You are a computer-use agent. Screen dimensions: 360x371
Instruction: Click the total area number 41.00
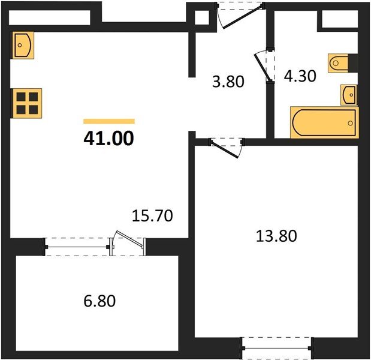point(108,139)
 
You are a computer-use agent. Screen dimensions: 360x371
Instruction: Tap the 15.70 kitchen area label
point(152,215)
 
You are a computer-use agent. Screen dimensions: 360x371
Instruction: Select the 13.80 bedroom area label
point(276,235)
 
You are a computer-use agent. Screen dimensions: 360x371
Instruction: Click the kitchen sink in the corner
point(23,44)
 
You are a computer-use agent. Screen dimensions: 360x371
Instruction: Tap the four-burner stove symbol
point(27,103)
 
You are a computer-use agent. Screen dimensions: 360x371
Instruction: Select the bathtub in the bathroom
point(324,122)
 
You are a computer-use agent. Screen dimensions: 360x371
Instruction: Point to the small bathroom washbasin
point(349,94)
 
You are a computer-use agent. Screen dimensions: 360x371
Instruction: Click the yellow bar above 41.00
point(108,121)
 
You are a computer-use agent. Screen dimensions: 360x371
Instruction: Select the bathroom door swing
point(264,66)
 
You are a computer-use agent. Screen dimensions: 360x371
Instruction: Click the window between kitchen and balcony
point(76,246)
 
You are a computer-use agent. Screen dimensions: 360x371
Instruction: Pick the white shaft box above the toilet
point(339,19)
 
